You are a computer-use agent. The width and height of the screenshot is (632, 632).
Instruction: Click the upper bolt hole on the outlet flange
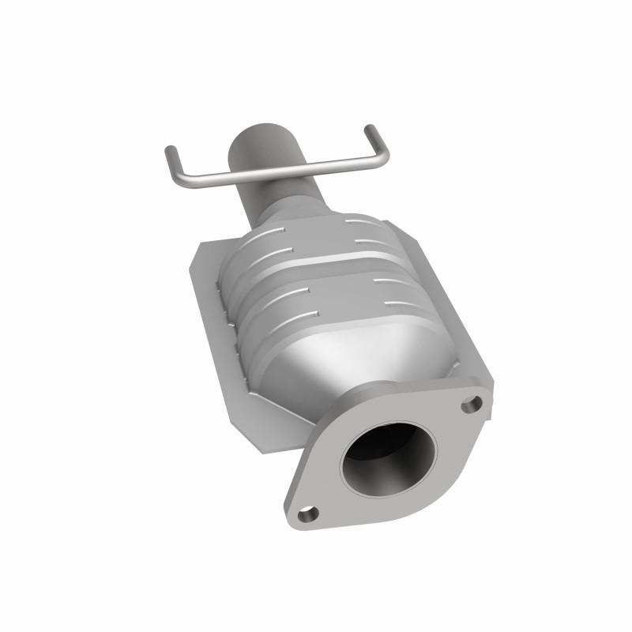click(x=472, y=404)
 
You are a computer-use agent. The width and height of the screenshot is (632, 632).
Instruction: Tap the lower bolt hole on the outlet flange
click(x=310, y=513)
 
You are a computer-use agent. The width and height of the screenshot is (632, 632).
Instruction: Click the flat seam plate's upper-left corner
click(x=201, y=245)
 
